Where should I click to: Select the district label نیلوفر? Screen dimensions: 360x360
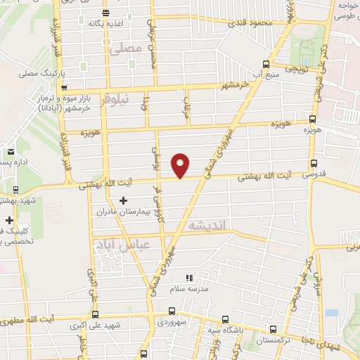point(115,99)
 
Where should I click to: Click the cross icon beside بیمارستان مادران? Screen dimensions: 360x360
point(124,201)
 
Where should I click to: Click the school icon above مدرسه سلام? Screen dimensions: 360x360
point(188,278)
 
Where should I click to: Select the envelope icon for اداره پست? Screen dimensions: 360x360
point(11,151)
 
